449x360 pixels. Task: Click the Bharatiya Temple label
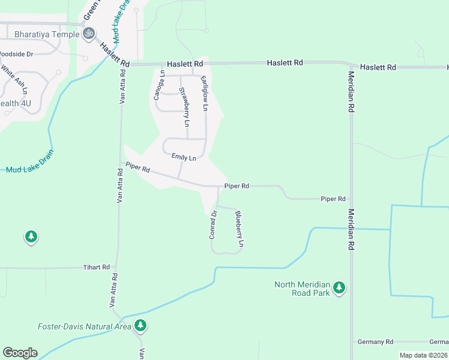[x=40, y=34]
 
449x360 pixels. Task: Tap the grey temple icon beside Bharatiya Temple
[x=89, y=34]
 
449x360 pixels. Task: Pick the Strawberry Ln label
[x=184, y=107]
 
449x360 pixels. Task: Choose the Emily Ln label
[x=184, y=157]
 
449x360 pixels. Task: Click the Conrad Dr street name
[x=212, y=224]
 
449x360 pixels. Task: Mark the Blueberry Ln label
[x=239, y=229]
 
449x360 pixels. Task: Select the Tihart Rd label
[x=97, y=267]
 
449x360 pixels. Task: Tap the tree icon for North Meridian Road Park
[x=339, y=289]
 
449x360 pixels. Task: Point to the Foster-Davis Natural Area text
[x=84, y=326]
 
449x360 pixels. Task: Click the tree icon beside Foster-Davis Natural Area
[x=140, y=326]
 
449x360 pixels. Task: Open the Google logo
[x=20, y=352]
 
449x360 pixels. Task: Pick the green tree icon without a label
[x=31, y=237]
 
